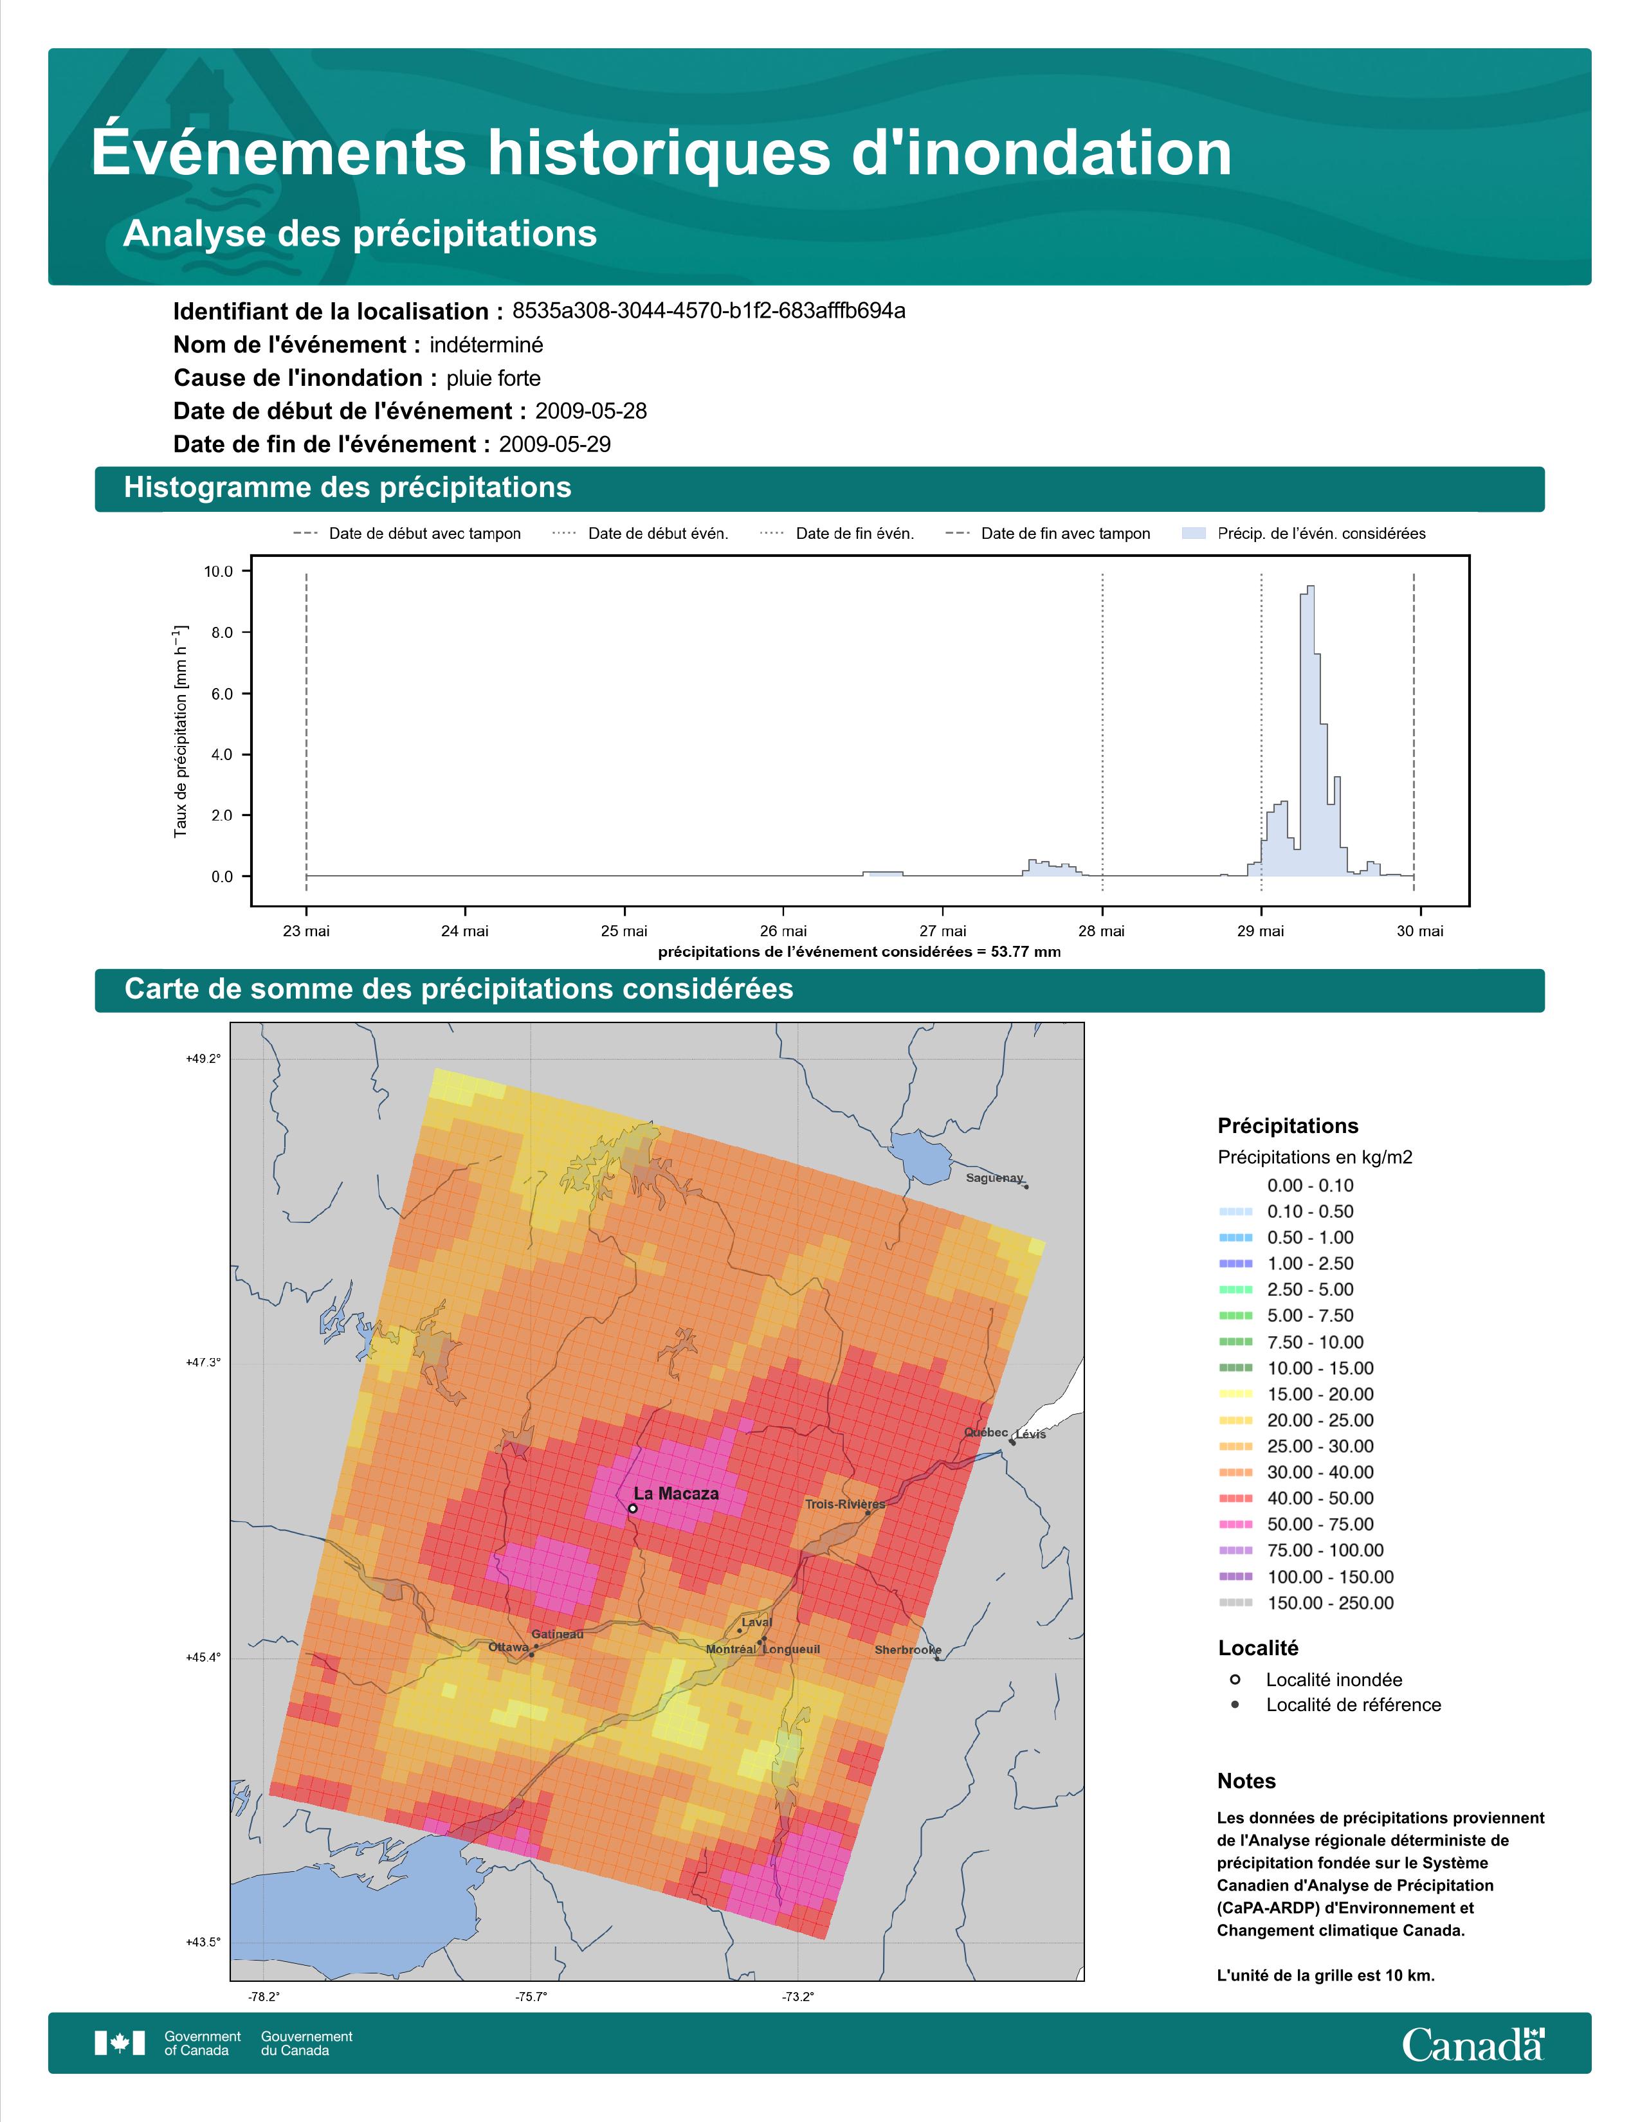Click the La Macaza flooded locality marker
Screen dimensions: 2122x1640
pos(632,1509)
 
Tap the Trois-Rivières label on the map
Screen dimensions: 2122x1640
pos(844,1504)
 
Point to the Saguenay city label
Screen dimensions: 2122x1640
pos(994,1179)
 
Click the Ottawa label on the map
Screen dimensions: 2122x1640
pos(508,1647)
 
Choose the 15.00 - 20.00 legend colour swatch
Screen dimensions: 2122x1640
pos(1235,1394)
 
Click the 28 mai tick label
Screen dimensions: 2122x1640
pos(1102,931)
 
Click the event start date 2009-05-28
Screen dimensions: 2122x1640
pos(590,411)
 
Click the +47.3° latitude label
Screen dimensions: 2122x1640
pos(203,1362)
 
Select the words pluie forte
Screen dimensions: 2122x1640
pos(493,378)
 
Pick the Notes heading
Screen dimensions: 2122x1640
pos(1246,1781)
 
